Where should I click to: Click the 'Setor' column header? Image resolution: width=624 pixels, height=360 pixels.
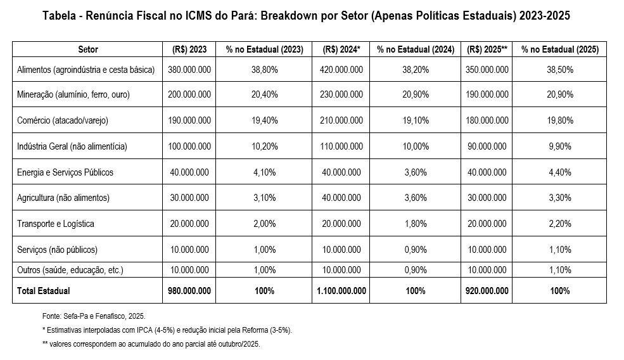click(x=88, y=49)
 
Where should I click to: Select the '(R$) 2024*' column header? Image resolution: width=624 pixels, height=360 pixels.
click(x=341, y=49)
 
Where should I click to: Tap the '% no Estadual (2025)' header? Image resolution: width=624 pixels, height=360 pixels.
click(x=559, y=49)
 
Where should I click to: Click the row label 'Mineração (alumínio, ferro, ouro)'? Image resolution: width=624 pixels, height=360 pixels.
click(x=75, y=94)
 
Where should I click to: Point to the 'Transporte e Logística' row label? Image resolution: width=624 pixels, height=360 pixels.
click(x=56, y=224)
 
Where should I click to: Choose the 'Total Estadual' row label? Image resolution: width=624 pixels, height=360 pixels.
click(x=44, y=291)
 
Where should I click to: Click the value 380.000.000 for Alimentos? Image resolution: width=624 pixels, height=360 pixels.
click(x=189, y=70)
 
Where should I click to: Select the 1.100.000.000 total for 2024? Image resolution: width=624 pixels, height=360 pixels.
click(x=341, y=291)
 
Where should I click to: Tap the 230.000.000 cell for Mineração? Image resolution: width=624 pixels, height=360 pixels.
click(x=341, y=94)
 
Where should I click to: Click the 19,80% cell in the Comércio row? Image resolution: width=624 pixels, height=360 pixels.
click(x=559, y=120)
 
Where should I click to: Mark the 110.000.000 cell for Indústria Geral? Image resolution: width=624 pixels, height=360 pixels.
click(x=341, y=146)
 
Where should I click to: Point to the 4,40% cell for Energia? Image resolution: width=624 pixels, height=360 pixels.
click(x=559, y=172)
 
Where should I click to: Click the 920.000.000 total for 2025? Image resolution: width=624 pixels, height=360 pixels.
click(x=487, y=291)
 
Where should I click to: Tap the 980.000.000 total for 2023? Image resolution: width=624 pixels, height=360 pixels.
click(x=189, y=291)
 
